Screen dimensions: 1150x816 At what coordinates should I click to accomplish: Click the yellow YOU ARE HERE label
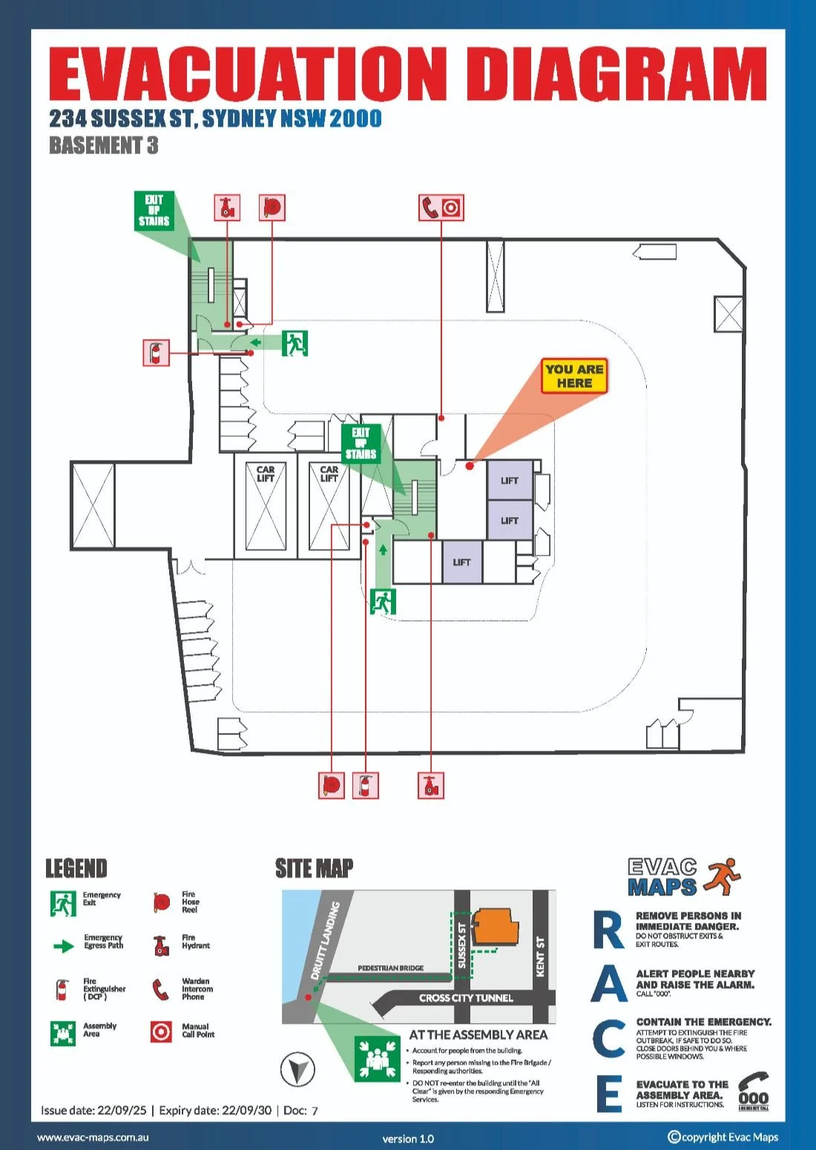click(574, 376)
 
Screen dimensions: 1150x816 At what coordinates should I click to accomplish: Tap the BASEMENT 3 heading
click(103, 145)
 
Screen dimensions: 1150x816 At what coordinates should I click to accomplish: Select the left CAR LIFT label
click(266, 474)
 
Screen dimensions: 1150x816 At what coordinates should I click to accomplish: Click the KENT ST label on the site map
click(541, 956)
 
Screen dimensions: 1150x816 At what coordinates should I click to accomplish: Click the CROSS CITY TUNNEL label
click(466, 998)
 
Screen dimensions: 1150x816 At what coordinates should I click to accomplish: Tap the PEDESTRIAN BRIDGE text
click(390, 968)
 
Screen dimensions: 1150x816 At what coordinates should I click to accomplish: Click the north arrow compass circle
click(297, 1069)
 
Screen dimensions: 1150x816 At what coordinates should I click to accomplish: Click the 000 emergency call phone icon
click(753, 1091)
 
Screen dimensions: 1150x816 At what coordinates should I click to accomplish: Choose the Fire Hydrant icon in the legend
click(161, 945)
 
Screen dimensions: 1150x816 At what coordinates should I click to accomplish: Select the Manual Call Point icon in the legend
click(161, 1031)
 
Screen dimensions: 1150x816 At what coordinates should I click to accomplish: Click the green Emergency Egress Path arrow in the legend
click(65, 946)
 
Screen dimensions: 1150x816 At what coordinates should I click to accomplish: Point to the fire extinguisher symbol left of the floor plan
click(156, 352)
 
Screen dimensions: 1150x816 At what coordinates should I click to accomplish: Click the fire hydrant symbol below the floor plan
click(431, 785)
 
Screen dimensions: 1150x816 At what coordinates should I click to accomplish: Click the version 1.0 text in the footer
click(408, 1139)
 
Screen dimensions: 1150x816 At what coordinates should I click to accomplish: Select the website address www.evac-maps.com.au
click(93, 1137)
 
